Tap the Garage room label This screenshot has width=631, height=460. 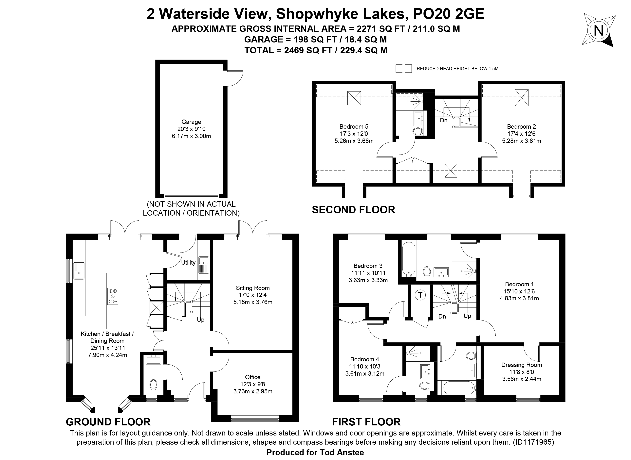tap(191, 122)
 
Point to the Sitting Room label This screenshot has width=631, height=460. tap(253, 288)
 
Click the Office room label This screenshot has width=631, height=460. tap(253, 377)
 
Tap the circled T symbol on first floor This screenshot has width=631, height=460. tap(420, 295)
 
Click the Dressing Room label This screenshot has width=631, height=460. tap(521, 365)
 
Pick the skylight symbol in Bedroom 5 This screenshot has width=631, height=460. tap(354, 98)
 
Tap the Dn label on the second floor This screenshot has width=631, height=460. tap(444, 120)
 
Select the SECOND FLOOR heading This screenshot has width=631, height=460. tap(353, 210)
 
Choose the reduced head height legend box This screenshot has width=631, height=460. tap(403, 69)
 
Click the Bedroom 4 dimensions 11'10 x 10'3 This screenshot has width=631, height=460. tap(365, 367)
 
